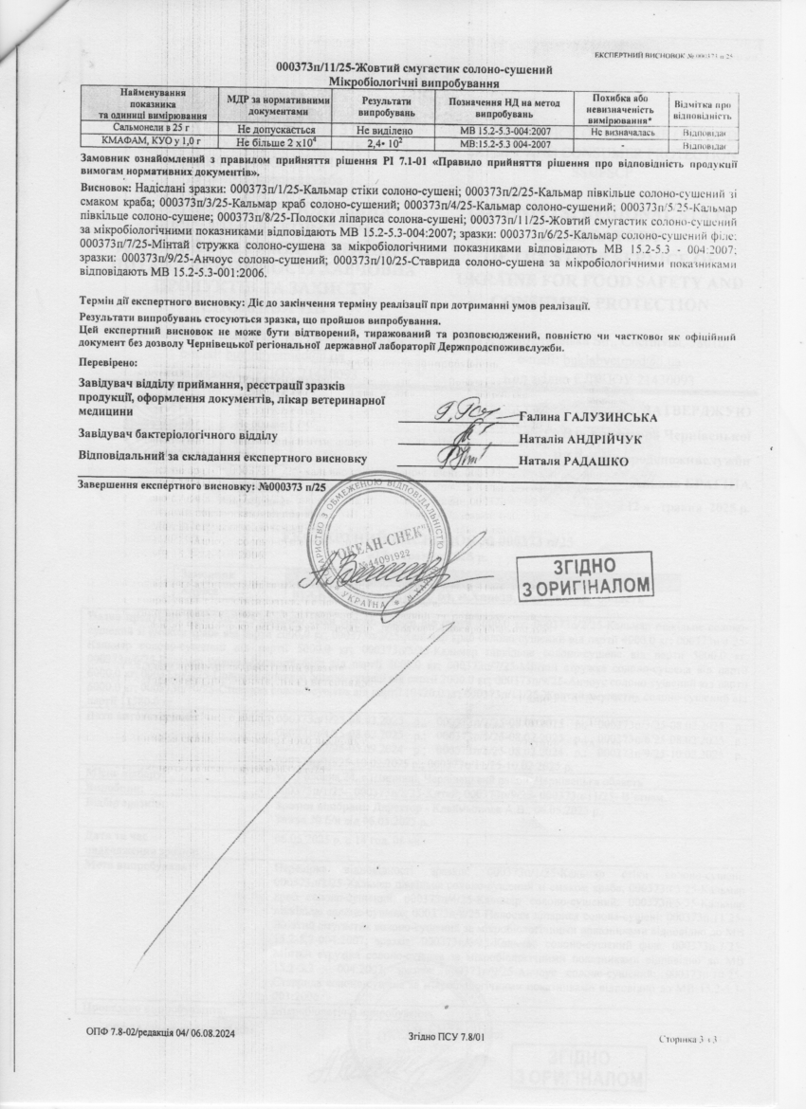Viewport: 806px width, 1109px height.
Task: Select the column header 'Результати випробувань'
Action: click(x=387, y=105)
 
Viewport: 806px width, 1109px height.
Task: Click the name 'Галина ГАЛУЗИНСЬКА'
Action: click(x=582, y=417)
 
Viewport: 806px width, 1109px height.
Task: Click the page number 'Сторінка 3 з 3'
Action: click(x=687, y=1039)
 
